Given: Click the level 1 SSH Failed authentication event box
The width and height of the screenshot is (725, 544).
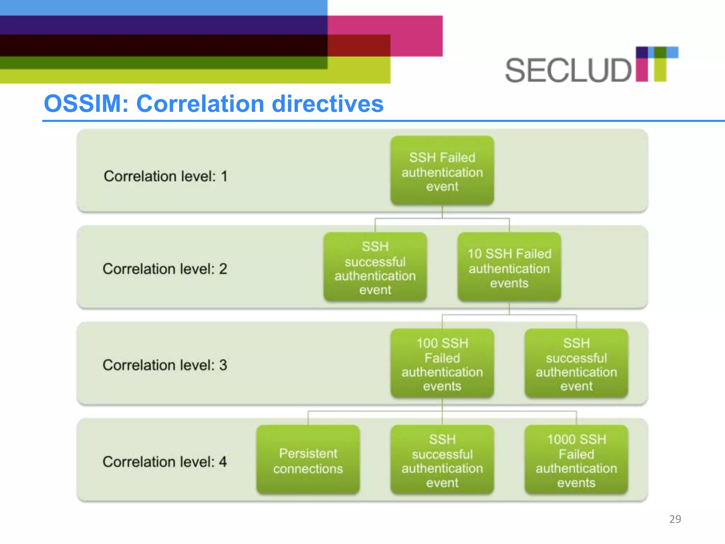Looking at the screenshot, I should pyautogui.click(x=442, y=171).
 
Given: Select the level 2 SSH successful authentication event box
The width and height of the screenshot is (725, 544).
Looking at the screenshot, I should pyautogui.click(x=375, y=267).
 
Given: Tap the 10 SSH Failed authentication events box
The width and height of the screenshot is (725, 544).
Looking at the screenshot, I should pyautogui.click(x=509, y=267).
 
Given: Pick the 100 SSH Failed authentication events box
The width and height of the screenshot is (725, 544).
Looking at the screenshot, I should pyautogui.click(x=442, y=364).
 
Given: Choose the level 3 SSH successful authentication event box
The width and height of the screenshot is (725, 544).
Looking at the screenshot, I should pyautogui.click(x=576, y=364).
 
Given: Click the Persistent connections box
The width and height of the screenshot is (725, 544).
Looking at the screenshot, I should pyautogui.click(x=308, y=460).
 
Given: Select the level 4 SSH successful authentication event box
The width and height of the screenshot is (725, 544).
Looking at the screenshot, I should pyautogui.click(x=442, y=460).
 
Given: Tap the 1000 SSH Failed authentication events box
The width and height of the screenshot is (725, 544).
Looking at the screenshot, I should pyautogui.click(x=576, y=460).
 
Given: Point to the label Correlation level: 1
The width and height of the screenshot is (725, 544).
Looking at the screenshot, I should pyautogui.click(x=165, y=176).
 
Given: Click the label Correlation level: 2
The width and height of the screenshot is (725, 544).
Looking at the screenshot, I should pyautogui.click(x=165, y=269).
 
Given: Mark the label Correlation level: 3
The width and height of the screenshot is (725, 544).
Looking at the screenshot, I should pyautogui.click(x=165, y=365).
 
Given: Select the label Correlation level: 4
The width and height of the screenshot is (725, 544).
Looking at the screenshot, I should pyautogui.click(x=165, y=462).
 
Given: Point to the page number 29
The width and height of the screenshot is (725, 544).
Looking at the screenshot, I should pyautogui.click(x=675, y=519).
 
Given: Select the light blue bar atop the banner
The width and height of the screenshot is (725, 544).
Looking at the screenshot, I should pyautogui.click(x=163, y=7).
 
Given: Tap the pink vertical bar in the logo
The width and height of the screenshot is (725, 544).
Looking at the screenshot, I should pyautogui.click(x=641, y=69).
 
